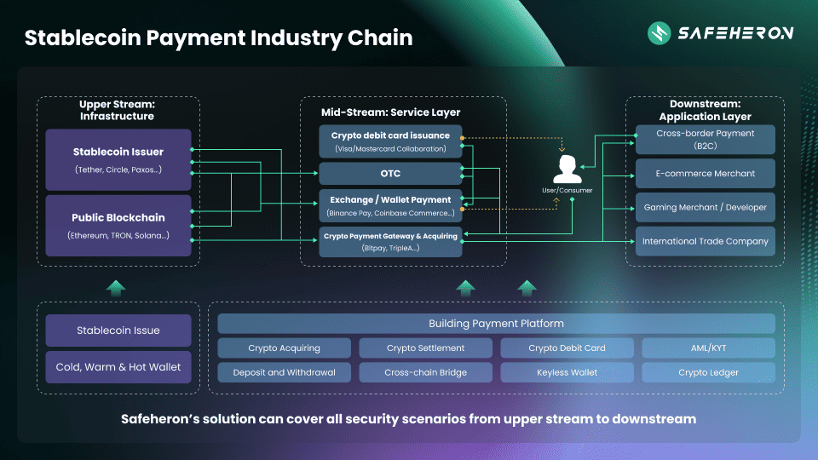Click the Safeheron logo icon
click(x=659, y=33)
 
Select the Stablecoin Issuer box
click(x=118, y=159)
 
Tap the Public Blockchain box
click(x=118, y=225)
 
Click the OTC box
click(x=390, y=174)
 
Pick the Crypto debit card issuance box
click(x=390, y=141)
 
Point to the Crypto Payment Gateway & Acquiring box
click(x=390, y=241)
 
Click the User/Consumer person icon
click(x=562, y=169)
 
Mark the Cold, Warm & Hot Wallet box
click(x=118, y=367)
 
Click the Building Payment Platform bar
click(x=496, y=324)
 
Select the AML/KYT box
click(x=708, y=348)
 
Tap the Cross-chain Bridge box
click(x=425, y=372)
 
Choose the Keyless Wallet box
click(x=567, y=372)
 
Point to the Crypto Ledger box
click(x=708, y=372)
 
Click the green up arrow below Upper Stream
click(x=116, y=288)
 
